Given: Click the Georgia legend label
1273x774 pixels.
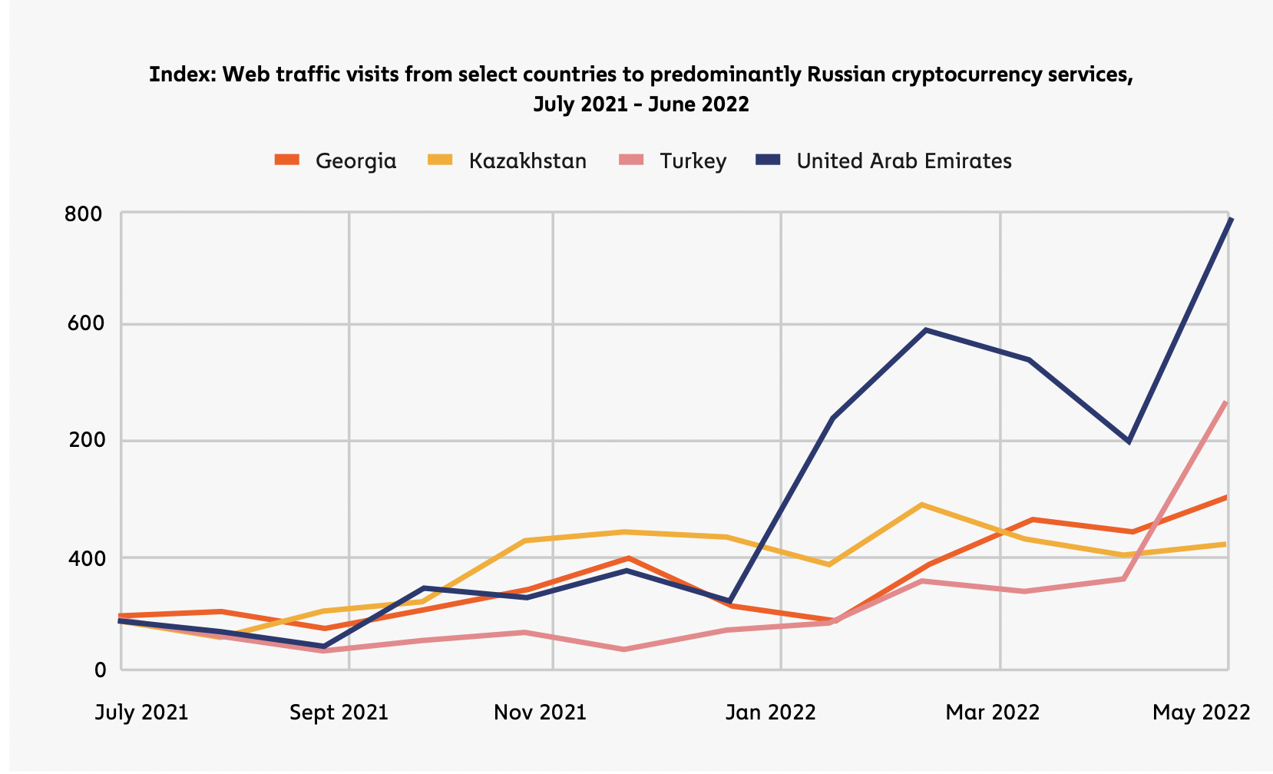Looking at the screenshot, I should (355, 161).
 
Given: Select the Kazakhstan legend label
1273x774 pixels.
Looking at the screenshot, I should (527, 161).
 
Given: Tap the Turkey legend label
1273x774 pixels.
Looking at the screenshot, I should (693, 161).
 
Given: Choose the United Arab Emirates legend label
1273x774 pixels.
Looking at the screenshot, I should (904, 161).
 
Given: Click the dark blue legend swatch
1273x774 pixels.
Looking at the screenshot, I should (768, 160).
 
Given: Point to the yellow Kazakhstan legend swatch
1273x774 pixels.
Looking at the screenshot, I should (440, 160).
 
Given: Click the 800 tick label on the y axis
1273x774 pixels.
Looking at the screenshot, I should (84, 214).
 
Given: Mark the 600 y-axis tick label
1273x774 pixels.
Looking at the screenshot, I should (84, 323).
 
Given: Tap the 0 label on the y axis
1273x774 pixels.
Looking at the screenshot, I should (100, 670).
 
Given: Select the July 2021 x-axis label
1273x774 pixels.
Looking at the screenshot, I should (141, 713).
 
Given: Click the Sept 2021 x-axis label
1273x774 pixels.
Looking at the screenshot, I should (339, 713).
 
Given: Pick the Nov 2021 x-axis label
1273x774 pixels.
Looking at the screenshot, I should (540, 713).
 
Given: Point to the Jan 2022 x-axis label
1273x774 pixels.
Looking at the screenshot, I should (770, 713).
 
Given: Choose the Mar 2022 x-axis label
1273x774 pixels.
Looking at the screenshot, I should (992, 713).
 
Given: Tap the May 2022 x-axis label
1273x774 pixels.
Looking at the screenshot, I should (1201, 713).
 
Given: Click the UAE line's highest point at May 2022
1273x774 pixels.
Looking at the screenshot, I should (1230, 220).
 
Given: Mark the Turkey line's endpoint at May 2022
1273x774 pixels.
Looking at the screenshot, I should (1225, 402).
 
